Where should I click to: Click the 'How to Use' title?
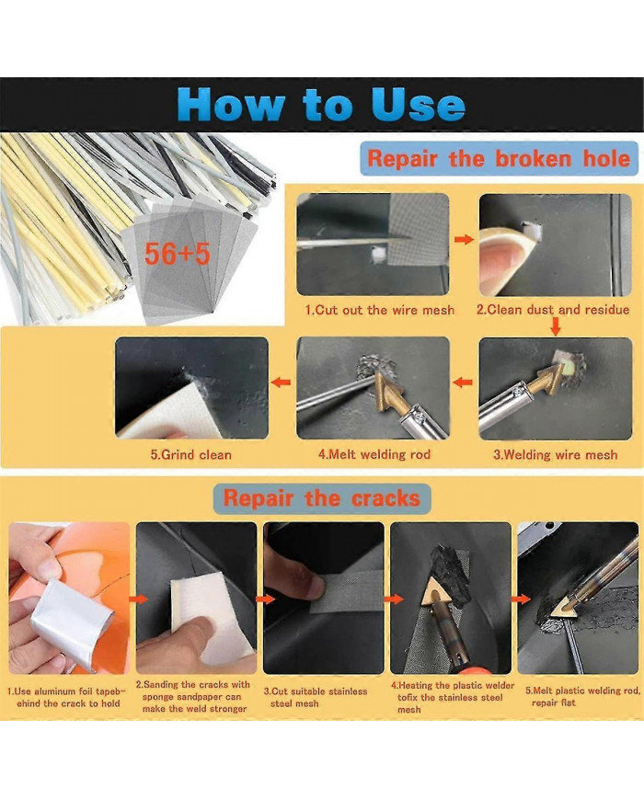pos(321,104)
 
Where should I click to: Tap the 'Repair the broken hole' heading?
pos(499,158)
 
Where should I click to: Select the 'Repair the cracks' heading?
pos(321,497)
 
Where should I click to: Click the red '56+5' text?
pos(177,253)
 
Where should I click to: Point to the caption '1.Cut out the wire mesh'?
pos(379,310)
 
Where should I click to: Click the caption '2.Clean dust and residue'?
pos(553,309)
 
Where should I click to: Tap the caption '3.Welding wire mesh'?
pos(556,454)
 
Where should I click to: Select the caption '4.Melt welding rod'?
pos(374,454)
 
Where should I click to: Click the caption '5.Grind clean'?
pos(190,454)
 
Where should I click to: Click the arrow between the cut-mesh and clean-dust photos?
pos(464,239)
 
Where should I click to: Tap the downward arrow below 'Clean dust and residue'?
pos(556,326)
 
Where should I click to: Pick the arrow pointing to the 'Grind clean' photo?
pos(281,382)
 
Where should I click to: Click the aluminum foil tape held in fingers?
pos(72,622)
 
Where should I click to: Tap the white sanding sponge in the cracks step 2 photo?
pos(210,614)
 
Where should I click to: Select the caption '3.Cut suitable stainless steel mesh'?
pos(316,697)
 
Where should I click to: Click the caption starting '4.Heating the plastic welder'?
pos(453,697)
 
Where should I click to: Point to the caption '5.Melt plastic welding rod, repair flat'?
pos(582,696)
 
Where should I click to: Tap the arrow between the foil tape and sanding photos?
pos(138,599)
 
